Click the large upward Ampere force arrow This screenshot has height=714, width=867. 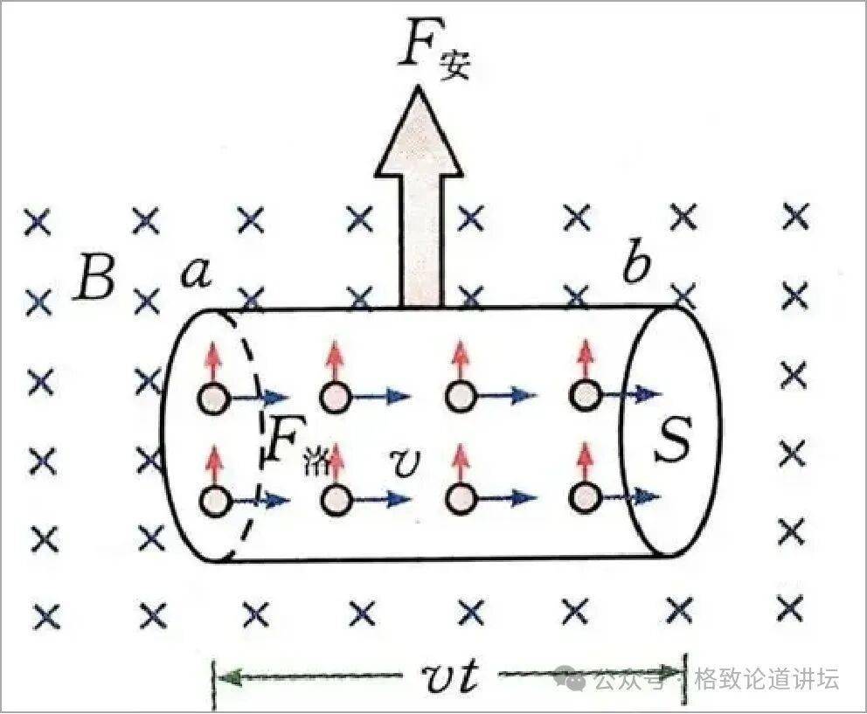pyautogui.click(x=419, y=197)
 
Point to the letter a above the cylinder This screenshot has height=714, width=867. pyautogui.click(x=197, y=274)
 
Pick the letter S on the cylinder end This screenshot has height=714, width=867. pyautogui.click(x=672, y=438)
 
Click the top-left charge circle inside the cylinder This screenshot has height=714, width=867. pyautogui.click(x=213, y=399)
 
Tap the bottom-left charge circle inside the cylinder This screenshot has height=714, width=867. pyautogui.click(x=214, y=501)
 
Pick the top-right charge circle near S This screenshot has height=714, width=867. pyautogui.click(x=585, y=395)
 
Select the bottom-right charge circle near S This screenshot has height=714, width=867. pyautogui.click(x=585, y=497)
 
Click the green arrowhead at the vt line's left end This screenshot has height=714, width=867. pyautogui.click(x=228, y=677)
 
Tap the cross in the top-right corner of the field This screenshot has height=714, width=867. pyautogui.click(x=796, y=216)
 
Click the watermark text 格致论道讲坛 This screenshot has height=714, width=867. pyautogui.click(x=766, y=678)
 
